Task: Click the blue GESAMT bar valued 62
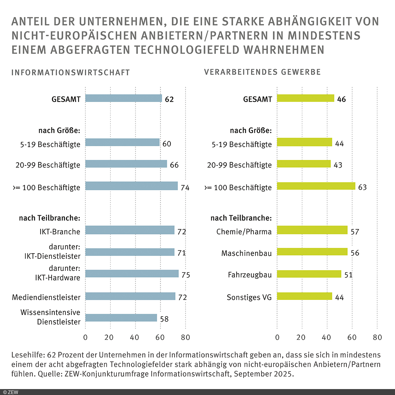point(123,98)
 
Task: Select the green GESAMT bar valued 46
point(305,98)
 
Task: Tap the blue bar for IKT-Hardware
point(132,274)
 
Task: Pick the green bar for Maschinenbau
point(312,252)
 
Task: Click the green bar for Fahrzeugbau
point(309,274)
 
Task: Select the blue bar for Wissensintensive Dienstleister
point(121,318)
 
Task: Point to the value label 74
point(185,188)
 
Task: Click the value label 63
point(362,187)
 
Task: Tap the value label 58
point(164,319)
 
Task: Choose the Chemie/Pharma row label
point(244,232)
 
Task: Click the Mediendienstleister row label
point(46,298)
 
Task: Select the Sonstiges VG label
point(249,298)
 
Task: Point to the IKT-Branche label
point(60,232)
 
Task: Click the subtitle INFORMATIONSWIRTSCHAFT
point(71,73)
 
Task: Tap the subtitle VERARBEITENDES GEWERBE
point(262,72)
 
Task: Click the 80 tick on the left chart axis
point(185,337)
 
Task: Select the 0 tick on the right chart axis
point(277,337)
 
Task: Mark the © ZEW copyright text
point(11,392)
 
